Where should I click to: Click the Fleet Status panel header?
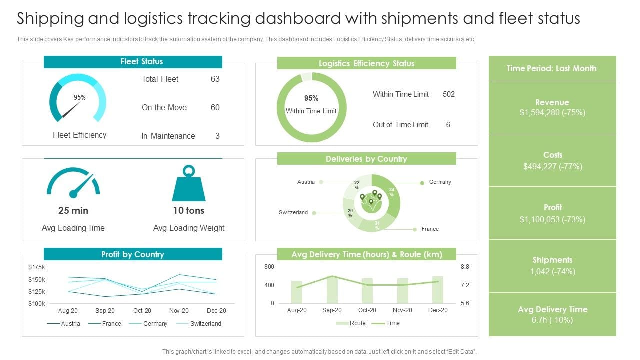pyautogui.click(x=133, y=62)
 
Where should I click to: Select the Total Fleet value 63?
pyautogui.click(x=215, y=79)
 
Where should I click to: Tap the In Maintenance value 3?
pyautogui.click(x=217, y=136)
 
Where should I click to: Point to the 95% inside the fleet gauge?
pyautogui.click(x=80, y=98)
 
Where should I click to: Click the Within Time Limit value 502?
pyautogui.click(x=448, y=94)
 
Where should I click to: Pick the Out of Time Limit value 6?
pyautogui.click(x=448, y=125)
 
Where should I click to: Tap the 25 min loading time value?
pyautogui.click(x=73, y=210)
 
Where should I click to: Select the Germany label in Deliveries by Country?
pyautogui.click(x=440, y=182)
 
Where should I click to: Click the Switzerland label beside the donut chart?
pyautogui.click(x=293, y=213)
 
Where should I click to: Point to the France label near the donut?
pyautogui.click(x=430, y=229)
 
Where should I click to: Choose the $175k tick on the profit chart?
pyautogui.click(x=37, y=267)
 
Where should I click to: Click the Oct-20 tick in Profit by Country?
pyautogui.click(x=142, y=311)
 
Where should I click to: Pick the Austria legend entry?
pyautogui.click(x=70, y=324)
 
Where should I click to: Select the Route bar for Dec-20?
pyautogui.click(x=438, y=290)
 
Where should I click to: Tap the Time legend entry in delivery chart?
pyautogui.click(x=393, y=323)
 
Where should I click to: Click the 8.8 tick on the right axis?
pyautogui.click(x=465, y=267)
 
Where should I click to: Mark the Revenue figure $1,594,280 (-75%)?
pyautogui.click(x=552, y=113)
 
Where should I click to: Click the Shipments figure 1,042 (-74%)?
pyautogui.click(x=552, y=272)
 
